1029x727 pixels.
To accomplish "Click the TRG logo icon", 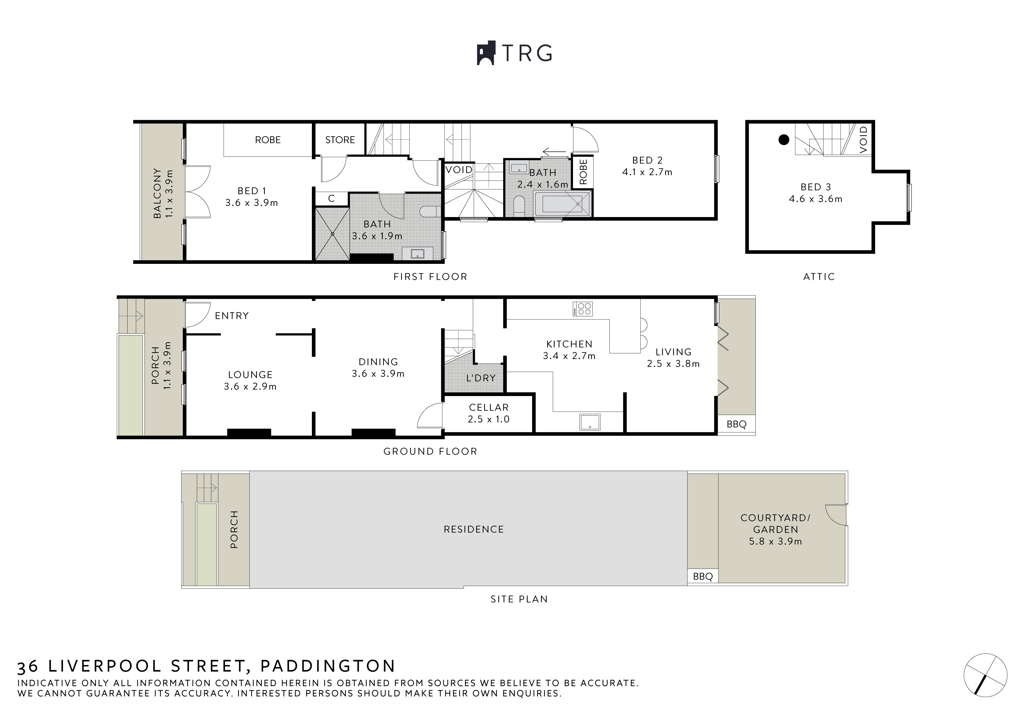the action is pos(485,53).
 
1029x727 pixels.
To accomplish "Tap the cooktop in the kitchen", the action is pos(583,309).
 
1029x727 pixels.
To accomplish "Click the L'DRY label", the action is pos(481,378).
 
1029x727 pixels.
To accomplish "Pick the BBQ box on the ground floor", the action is pos(736,424).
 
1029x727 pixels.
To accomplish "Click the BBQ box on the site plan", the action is pos(703,576).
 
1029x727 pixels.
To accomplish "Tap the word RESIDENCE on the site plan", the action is pos(474,529).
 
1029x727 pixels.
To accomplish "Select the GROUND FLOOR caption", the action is pos(430,451).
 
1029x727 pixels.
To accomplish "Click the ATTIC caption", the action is pos(819,276).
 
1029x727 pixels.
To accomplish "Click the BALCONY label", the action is pos(157,193).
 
